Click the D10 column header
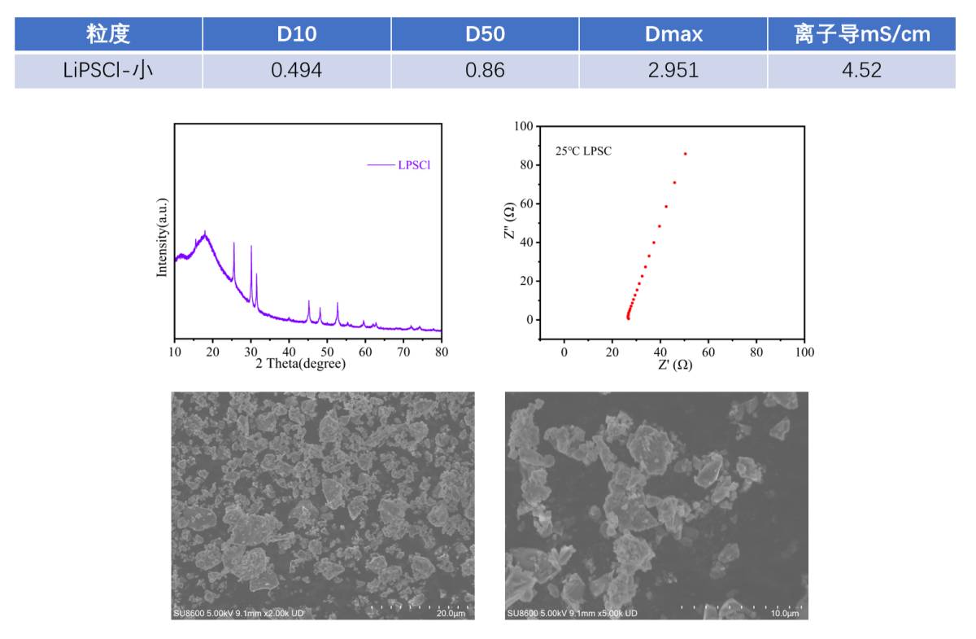pos(297,34)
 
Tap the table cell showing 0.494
pos(297,70)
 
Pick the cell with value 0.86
pos(485,70)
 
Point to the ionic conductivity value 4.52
pos(861,70)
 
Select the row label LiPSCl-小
pos(108,70)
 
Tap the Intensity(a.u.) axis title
pos(162,237)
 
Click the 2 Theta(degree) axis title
pos(300,364)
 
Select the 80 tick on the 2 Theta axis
pos(441,351)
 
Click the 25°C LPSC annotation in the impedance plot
pos(583,151)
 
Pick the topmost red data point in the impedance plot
pos(685,153)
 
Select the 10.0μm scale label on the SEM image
pos(785,613)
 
